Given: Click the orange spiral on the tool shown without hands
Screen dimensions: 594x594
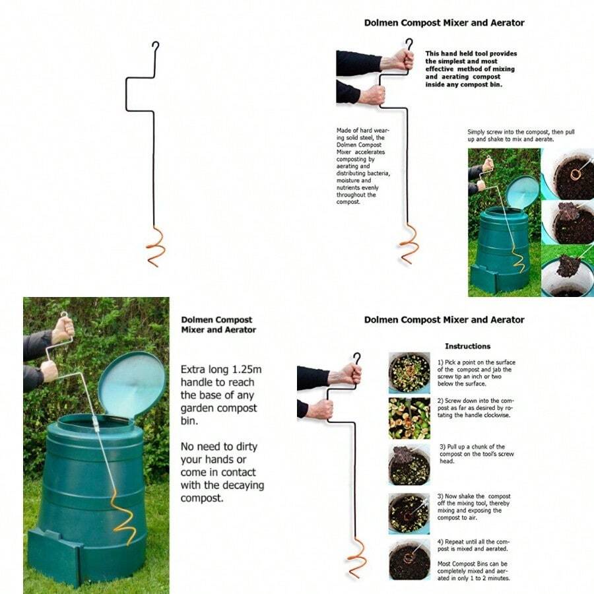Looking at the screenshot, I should pyautogui.click(x=154, y=246).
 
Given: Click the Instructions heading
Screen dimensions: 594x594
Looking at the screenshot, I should pyautogui.click(x=467, y=346).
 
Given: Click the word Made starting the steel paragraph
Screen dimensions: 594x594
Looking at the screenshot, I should pyautogui.click(x=344, y=130).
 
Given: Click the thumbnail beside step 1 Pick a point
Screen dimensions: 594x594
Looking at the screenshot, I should pyautogui.click(x=409, y=372).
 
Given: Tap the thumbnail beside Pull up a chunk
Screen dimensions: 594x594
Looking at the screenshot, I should pyautogui.click(x=409, y=464).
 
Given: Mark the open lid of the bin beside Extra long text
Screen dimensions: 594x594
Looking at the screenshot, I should pyautogui.click(x=132, y=385).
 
